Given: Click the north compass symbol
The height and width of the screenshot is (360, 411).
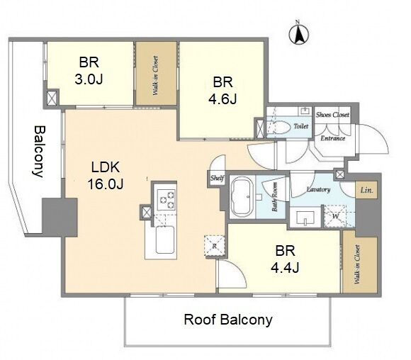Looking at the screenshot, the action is (x=299, y=34).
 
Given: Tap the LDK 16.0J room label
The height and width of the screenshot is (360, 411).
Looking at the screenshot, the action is (x=106, y=176).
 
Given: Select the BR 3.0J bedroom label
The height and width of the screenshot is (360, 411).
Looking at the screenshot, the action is (x=89, y=71).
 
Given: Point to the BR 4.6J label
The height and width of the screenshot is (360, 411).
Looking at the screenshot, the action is (x=223, y=91).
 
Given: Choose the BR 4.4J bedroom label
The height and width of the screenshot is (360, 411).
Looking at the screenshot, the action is (x=285, y=259).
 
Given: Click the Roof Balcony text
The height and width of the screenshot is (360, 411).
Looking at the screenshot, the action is (x=228, y=320).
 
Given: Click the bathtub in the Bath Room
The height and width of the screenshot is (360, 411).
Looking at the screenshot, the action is (x=242, y=196).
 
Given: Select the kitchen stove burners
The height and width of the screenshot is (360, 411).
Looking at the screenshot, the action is (x=166, y=198).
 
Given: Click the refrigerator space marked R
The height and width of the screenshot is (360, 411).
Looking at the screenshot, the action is (x=215, y=246).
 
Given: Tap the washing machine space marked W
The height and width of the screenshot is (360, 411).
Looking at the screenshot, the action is (x=335, y=216).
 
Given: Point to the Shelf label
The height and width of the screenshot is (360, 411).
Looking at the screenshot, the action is (x=218, y=179).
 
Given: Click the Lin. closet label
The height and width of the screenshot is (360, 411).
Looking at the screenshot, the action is (x=366, y=190).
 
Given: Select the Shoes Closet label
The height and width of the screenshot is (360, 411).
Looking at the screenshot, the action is (x=332, y=115).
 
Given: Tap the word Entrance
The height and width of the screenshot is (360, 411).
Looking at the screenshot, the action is (x=333, y=138).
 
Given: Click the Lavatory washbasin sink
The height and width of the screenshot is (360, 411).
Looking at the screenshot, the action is (x=305, y=218).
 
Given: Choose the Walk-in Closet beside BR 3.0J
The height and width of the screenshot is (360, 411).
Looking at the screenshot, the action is (x=156, y=74).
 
